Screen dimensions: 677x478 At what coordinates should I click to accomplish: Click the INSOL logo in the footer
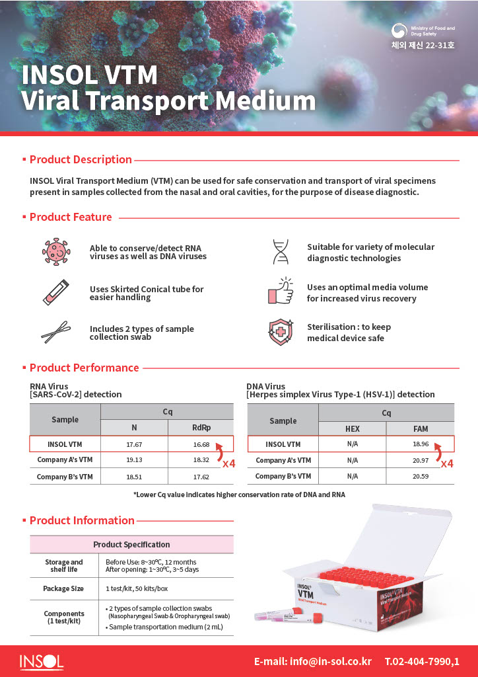coord(41,661)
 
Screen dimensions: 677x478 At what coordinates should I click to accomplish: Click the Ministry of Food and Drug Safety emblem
coord(399,32)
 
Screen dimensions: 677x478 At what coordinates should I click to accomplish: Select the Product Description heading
coord(81,159)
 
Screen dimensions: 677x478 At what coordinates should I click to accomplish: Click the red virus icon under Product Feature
coord(55,252)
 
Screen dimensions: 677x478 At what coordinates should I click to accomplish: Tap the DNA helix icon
coord(281,252)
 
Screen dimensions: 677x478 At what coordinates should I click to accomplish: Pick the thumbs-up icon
coord(281,292)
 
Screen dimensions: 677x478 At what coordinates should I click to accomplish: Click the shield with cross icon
coord(281,332)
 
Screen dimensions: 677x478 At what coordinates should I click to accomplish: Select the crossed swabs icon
coord(55,332)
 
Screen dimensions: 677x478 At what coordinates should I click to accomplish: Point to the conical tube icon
coord(55,292)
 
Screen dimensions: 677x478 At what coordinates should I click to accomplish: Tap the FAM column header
coord(421,428)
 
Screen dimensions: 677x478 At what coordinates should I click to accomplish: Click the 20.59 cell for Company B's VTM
coord(421,476)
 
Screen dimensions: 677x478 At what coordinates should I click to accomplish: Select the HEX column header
coord(353,428)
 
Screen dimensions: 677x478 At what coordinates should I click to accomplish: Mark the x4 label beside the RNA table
coord(228,463)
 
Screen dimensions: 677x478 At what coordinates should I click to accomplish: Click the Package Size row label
coord(63,588)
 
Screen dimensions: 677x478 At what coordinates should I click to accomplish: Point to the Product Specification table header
coord(131,544)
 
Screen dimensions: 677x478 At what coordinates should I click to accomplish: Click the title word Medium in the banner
coord(266,100)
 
